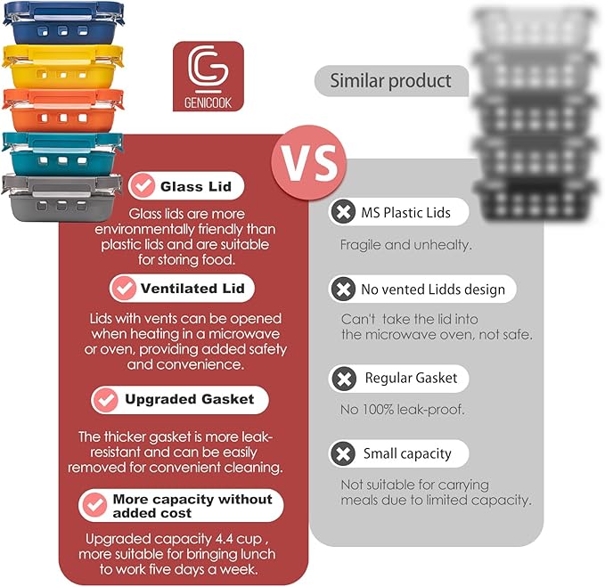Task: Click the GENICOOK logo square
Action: point(208,77)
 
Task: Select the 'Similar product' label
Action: point(390,81)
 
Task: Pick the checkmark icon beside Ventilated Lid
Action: point(123,289)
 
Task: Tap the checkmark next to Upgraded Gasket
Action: point(105,399)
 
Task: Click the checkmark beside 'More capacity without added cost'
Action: point(94,506)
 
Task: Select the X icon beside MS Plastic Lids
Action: point(342,213)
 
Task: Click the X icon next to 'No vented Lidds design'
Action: point(342,289)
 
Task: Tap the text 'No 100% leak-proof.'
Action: point(403,410)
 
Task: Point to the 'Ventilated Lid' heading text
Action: point(192,289)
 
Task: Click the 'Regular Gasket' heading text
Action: point(411,379)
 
